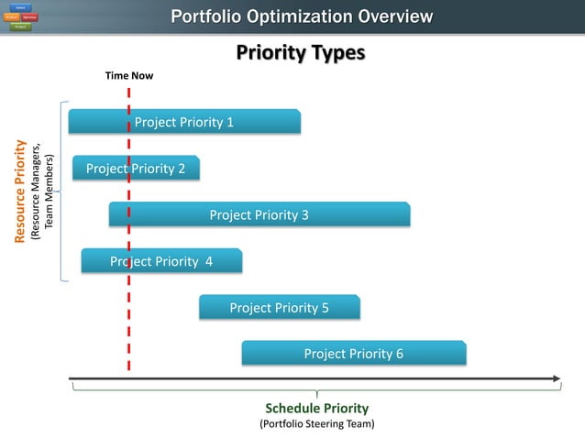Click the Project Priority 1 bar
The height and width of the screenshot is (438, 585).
tap(184, 122)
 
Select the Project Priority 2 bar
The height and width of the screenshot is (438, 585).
tap(136, 169)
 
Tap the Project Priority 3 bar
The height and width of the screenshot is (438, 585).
tap(259, 215)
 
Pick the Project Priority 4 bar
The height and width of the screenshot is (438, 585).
tap(161, 261)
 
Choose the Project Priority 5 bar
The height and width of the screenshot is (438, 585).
tap(279, 308)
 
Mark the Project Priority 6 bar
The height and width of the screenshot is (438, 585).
tap(353, 354)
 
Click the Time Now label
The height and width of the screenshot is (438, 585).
tap(129, 75)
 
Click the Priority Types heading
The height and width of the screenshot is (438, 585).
tap(300, 52)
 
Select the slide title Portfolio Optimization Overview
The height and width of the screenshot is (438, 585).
tap(302, 17)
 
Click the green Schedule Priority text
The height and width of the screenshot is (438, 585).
tap(316, 408)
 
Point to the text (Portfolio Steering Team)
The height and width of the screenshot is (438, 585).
tap(316, 424)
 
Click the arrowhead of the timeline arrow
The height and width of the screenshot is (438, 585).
tap(555, 378)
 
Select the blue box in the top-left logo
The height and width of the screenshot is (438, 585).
tap(19, 8)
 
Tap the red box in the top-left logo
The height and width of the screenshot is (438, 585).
tap(30, 17)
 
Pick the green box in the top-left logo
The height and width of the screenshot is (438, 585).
tap(19, 27)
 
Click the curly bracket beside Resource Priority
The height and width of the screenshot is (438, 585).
tap(62, 191)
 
